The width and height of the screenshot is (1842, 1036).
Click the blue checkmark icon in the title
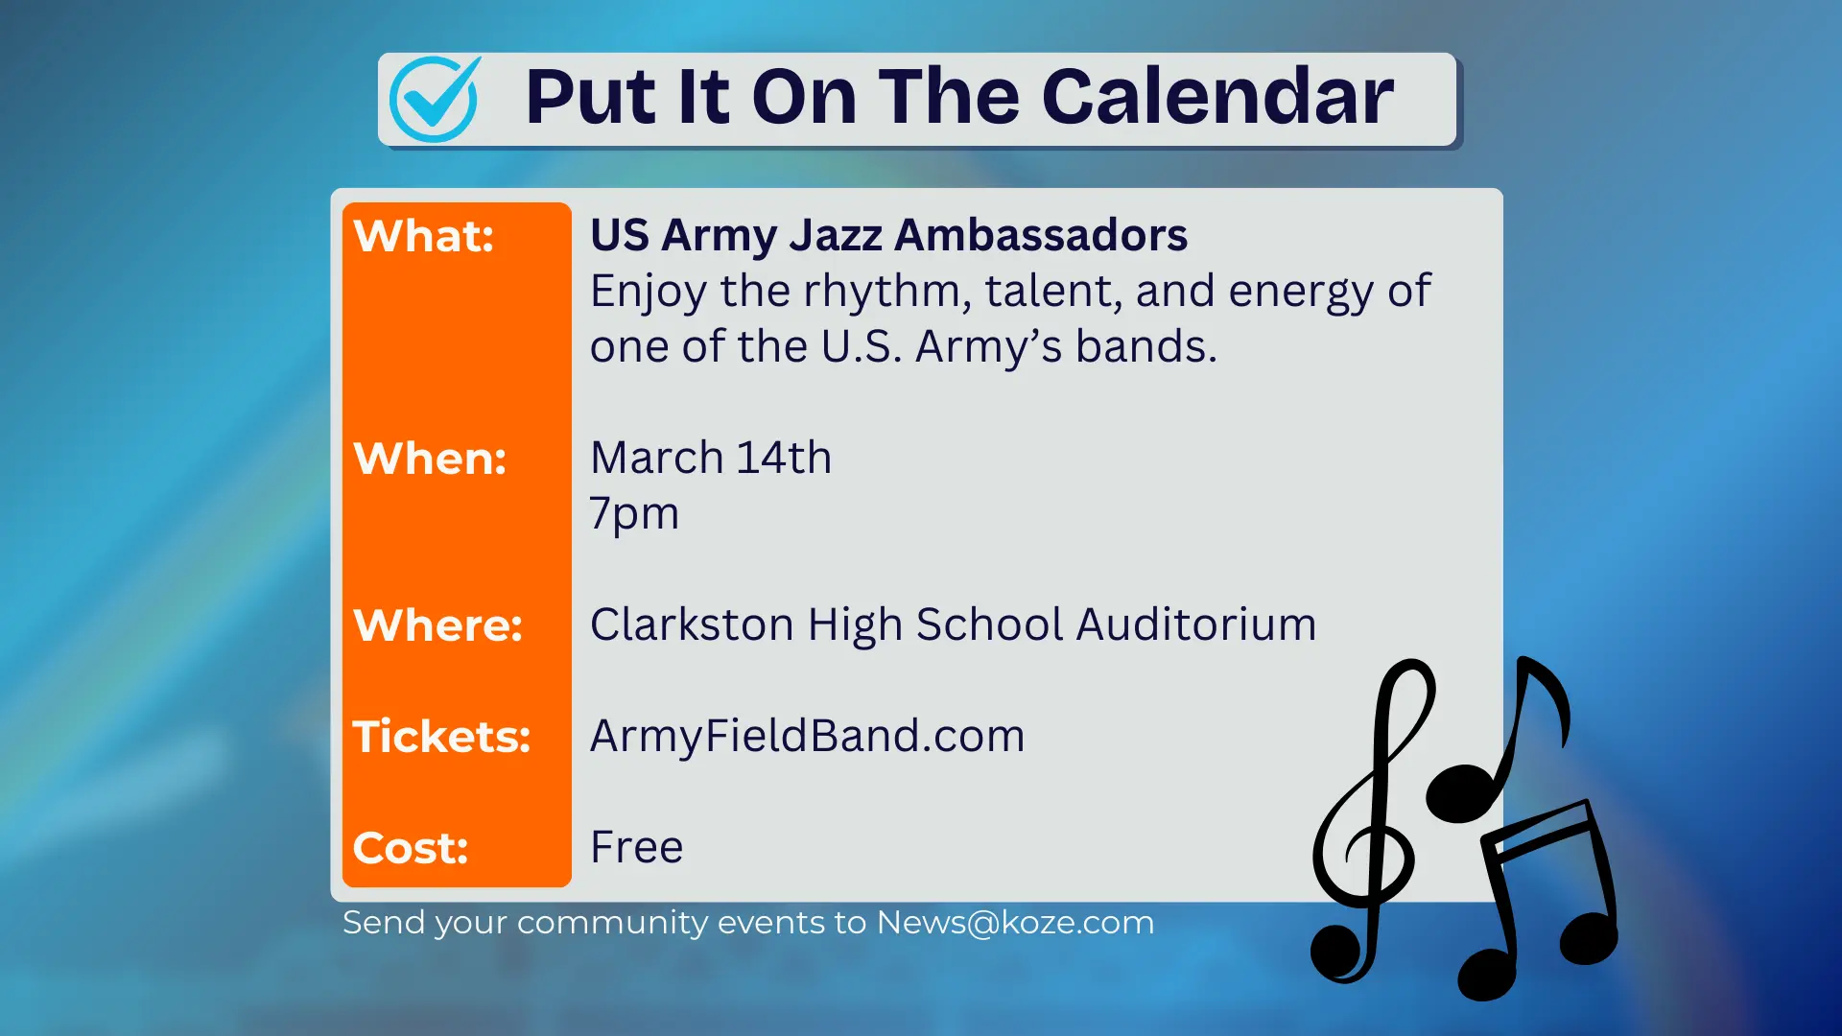435,99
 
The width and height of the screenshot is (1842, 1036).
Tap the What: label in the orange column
423,236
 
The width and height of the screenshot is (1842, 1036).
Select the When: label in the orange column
430,459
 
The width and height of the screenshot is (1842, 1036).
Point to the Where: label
437,625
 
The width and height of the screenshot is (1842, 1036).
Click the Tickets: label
441,737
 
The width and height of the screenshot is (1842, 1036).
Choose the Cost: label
411,848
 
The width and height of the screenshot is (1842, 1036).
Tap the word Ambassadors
1041,236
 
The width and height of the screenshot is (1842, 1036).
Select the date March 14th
711,458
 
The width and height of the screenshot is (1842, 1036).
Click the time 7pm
634,514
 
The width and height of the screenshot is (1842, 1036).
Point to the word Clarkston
692,624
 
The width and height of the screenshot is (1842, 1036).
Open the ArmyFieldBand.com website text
807,737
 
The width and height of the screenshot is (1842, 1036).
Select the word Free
636,847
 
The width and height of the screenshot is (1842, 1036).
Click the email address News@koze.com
1015,923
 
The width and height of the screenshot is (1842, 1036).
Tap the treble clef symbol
1367,825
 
